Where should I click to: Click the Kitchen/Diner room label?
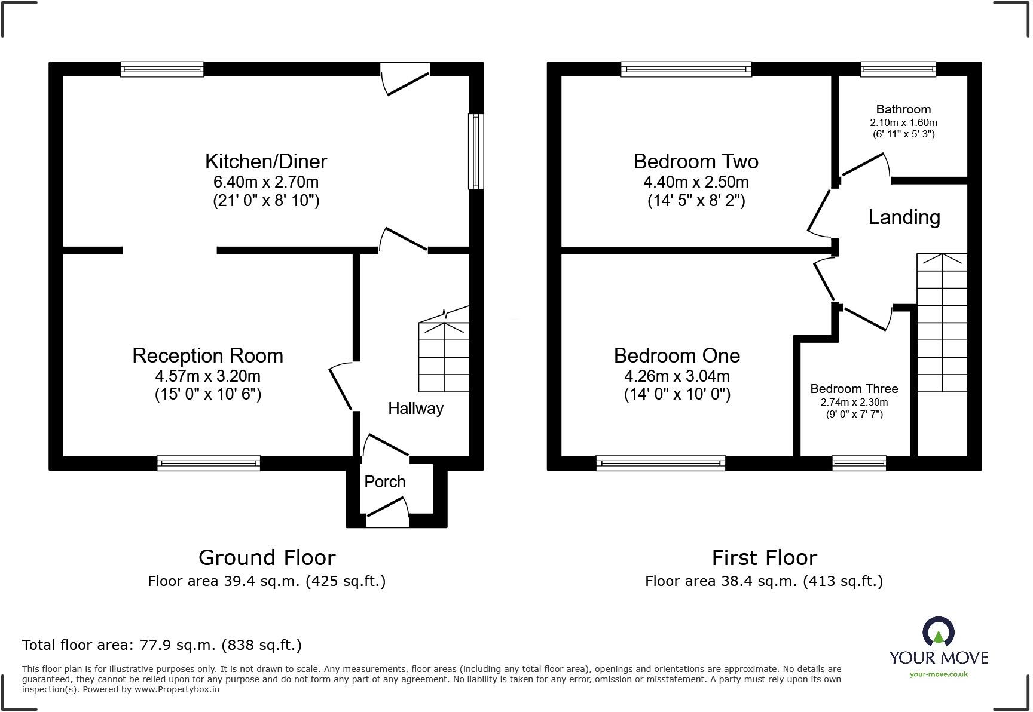pyautogui.click(x=266, y=161)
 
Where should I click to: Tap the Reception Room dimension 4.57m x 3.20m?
pyautogui.click(x=207, y=376)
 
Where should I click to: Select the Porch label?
pyautogui.click(x=385, y=481)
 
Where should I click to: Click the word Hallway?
pyautogui.click(x=415, y=409)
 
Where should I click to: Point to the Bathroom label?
pyautogui.click(x=903, y=109)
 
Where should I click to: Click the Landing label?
pyautogui.click(x=904, y=217)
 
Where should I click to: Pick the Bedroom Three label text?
pyautogui.click(x=854, y=389)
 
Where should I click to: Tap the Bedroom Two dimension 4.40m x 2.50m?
pyautogui.click(x=696, y=182)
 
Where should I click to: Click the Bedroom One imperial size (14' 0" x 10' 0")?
pyautogui.click(x=677, y=394)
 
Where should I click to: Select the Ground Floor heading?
pyautogui.click(x=267, y=557)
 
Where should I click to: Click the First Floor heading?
pyautogui.click(x=764, y=557)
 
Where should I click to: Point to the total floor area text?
pyautogui.click(x=161, y=645)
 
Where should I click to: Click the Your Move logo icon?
pyautogui.click(x=939, y=632)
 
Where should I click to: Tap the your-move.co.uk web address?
pyautogui.click(x=939, y=674)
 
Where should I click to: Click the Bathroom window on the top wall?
pyautogui.click(x=898, y=69)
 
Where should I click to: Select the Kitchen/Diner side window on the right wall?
pyautogui.click(x=476, y=151)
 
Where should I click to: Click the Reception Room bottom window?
pyautogui.click(x=209, y=463)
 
